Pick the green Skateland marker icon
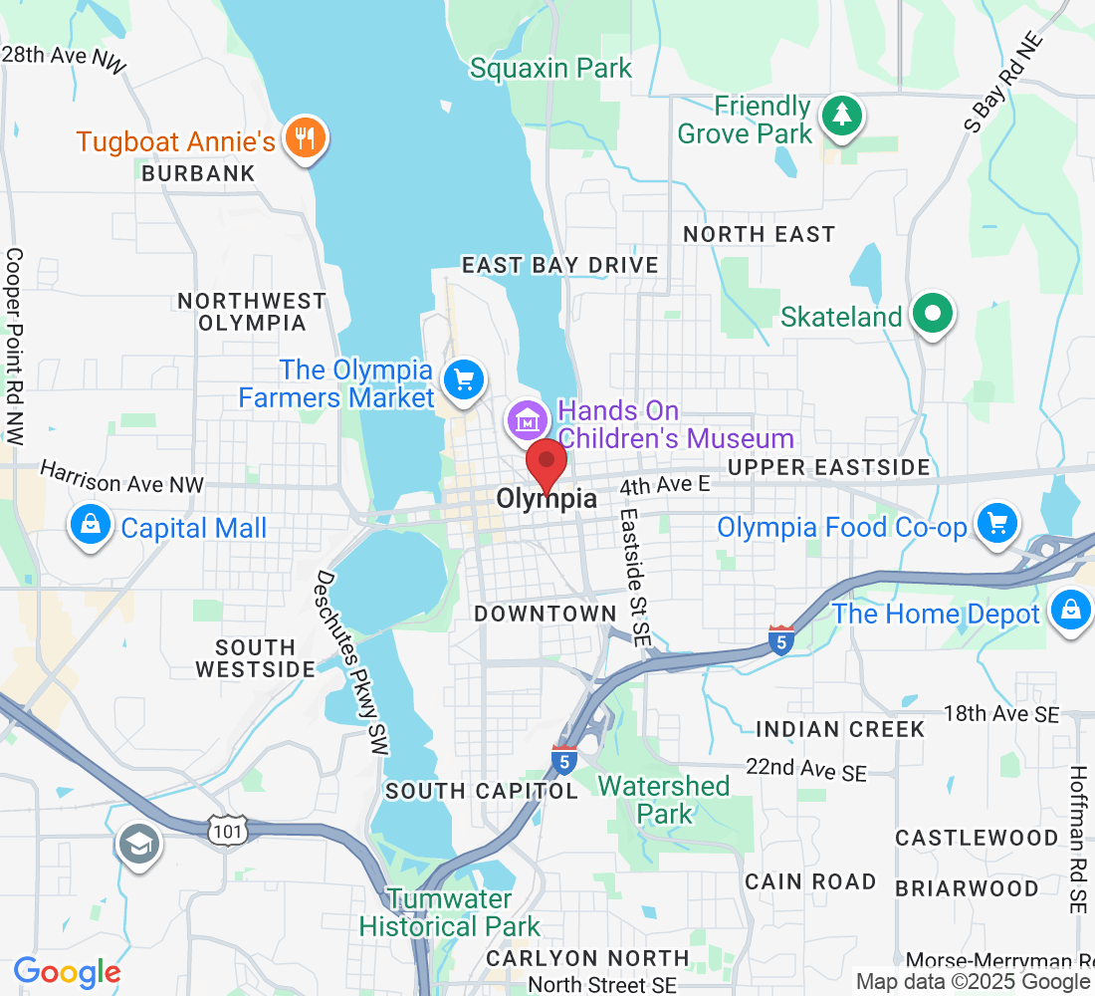pos(933,314)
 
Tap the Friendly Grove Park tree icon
pos(843,115)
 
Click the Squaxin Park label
pos(550,69)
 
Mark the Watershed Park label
pos(664,800)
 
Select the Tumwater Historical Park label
pos(449,912)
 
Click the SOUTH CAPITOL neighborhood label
pos(482,791)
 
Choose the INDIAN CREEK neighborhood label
pos(840,729)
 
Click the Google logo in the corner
pos(67,972)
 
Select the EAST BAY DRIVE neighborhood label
pos(560,265)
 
